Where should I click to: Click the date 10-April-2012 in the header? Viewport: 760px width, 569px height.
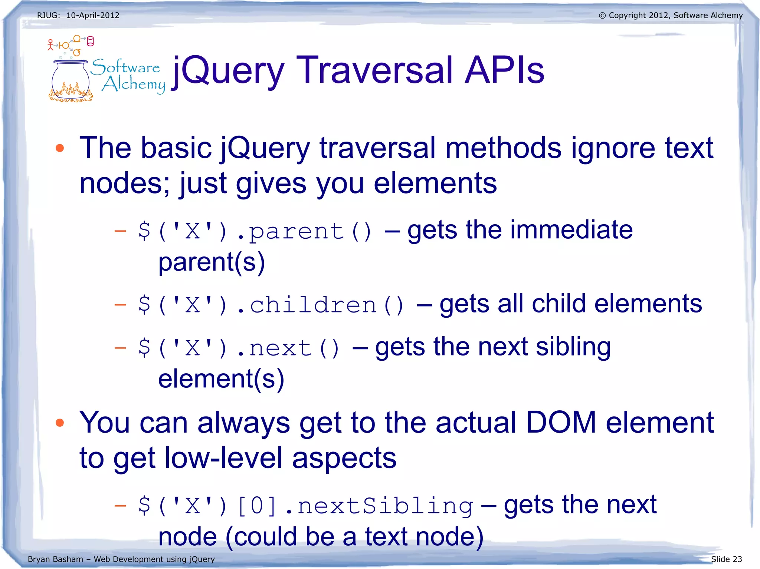93,16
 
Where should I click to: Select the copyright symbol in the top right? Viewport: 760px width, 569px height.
602,16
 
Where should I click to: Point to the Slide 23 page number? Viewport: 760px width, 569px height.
726,559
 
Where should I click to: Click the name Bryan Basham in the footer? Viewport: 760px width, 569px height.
55,559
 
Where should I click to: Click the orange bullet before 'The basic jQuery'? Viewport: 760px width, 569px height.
60,148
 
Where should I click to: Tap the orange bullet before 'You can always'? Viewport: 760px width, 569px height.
60,423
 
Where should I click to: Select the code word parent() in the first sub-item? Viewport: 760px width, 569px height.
310,232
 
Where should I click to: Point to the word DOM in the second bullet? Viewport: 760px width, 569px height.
561,423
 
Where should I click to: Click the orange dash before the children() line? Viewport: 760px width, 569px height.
120,305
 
